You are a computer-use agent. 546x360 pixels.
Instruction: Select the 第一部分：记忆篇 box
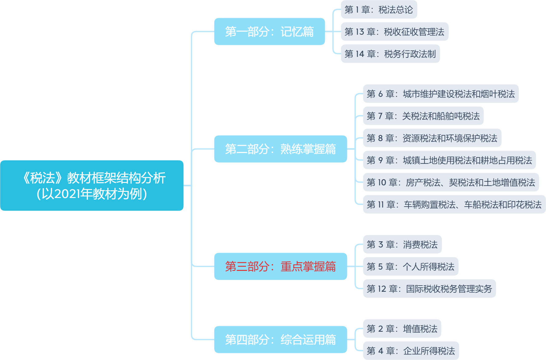269,32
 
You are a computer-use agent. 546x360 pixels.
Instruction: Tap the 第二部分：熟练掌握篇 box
281,149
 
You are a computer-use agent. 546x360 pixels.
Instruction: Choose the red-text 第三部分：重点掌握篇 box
281,267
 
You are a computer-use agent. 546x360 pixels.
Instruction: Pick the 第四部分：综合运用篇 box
281,340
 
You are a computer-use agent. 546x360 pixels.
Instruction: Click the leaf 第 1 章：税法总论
379,10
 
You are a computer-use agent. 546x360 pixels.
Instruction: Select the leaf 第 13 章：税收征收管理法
394,32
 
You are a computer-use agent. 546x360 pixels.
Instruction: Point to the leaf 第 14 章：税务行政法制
390,54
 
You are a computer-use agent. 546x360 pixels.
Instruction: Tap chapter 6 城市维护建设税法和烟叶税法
440,94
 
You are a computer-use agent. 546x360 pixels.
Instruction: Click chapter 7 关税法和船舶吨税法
423,116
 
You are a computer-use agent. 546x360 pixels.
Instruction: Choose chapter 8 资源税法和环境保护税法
432,138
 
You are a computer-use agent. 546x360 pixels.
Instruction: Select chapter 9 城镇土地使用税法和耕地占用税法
449,160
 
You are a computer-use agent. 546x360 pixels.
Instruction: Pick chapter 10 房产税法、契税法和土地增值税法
451,183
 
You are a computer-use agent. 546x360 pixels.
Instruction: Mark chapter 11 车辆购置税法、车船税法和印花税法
454,204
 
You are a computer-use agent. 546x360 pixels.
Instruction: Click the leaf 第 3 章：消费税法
402,245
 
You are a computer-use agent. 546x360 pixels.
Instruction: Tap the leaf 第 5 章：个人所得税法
410,267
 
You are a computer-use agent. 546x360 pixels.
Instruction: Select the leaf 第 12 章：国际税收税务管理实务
429,289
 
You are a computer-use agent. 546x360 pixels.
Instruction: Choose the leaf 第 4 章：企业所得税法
411,351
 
